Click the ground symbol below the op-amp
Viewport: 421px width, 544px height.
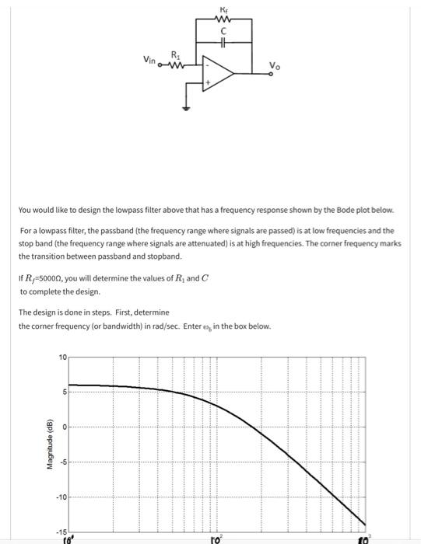click(x=185, y=108)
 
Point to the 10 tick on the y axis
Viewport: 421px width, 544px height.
click(x=61, y=357)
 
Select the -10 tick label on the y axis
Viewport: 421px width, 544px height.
click(x=61, y=497)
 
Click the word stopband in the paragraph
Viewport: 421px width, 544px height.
click(x=156, y=256)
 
